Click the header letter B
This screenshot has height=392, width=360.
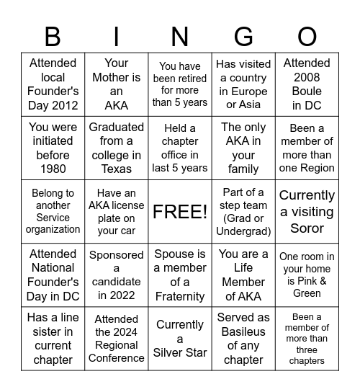(x=53, y=36)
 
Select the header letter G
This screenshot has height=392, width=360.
(x=243, y=36)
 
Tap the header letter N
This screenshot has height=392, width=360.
(x=180, y=36)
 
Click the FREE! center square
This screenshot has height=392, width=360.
(x=180, y=211)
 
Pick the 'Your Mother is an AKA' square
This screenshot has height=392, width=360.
(x=117, y=84)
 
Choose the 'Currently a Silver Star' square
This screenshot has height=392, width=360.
(x=180, y=339)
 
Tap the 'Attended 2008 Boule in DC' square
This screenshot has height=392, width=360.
(x=307, y=84)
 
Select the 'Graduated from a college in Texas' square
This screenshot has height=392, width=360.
(x=117, y=148)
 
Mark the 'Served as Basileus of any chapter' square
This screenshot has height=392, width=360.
(x=243, y=339)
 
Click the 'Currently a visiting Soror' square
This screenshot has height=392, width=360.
(x=307, y=211)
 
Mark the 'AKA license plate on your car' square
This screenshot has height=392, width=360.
(x=117, y=211)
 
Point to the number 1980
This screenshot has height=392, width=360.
(x=53, y=169)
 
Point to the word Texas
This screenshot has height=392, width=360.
(x=117, y=169)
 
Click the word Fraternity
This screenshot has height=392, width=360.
(x=180, y=296)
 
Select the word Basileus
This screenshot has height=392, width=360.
(x=243, y=331)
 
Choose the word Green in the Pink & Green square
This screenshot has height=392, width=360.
(x=307, y=293)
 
